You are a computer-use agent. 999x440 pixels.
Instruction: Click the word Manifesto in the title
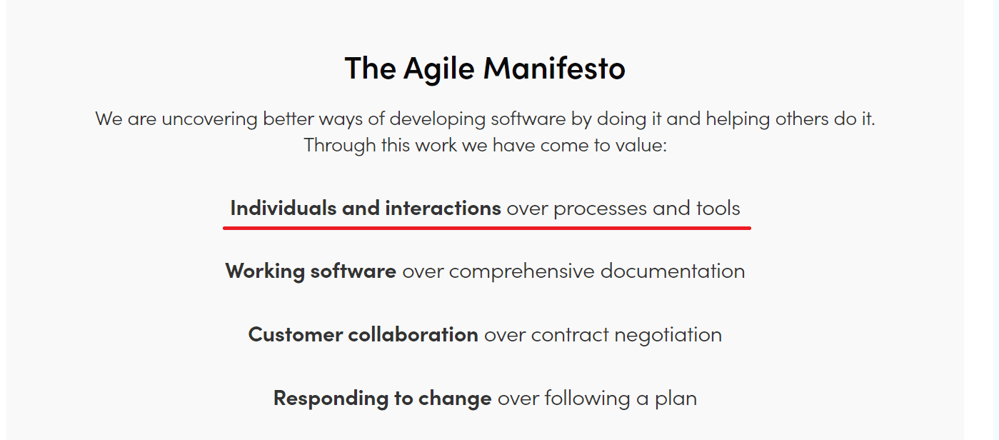[554, 69]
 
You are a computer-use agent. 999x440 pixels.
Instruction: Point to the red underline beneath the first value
[487, 228]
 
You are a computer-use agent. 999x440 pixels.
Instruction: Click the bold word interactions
[443, 209]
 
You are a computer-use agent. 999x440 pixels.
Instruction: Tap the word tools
[718, 209]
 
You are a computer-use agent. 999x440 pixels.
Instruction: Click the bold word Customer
[295, 335]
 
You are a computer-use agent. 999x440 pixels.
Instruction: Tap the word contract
[570, 335]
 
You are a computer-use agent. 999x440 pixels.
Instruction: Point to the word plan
[676, 399]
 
